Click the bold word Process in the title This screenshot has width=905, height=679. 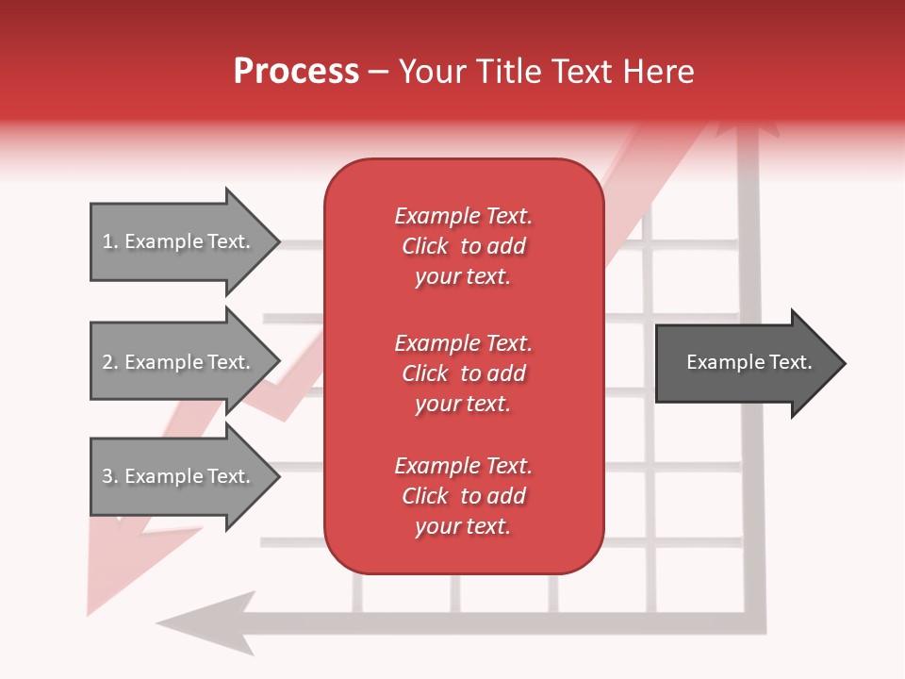tap(296, 72)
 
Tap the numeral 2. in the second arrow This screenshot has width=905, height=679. tap(109, 362)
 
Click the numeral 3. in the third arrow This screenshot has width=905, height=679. tap(109, 476)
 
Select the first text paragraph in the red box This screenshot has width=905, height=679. tap(463, 246)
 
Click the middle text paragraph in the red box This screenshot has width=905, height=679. tap(463, 373)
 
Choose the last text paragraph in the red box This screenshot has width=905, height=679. tap(463, 496)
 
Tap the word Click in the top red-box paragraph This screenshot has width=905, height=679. tap(424, 246)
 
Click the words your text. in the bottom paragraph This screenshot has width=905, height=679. tap(463, 526)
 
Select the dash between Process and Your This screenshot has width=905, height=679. tap(379, 73)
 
